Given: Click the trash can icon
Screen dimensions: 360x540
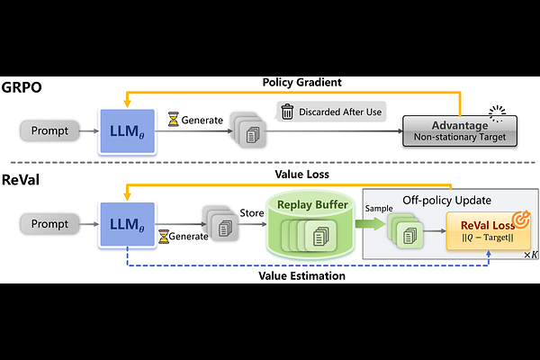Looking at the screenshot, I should pos(287,112).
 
